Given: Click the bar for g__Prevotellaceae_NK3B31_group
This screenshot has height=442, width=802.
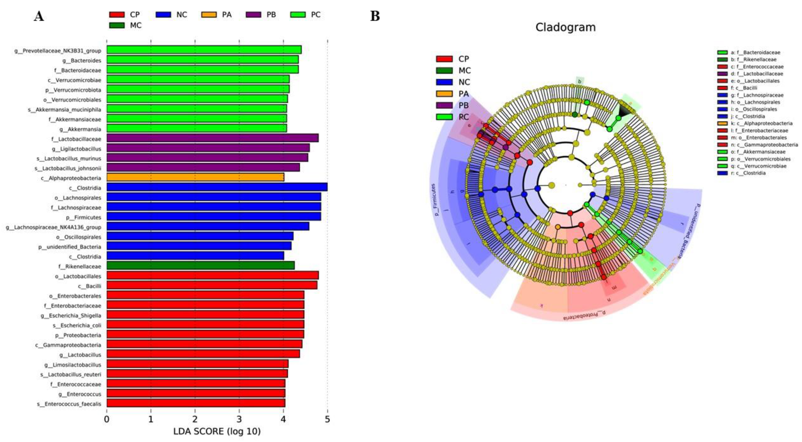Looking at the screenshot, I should [204, 50].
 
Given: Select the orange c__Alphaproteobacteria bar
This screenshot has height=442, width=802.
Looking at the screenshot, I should [195, 177].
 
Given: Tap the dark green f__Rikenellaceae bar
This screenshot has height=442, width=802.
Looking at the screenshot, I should [201, 266].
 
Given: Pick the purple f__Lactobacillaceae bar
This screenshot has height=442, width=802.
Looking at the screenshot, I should [212, 138].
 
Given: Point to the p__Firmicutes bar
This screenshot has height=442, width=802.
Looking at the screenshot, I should [214, 217].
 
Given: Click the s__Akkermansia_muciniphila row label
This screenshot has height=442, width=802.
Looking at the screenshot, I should [64, 109].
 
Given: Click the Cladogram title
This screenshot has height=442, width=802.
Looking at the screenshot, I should [565, 27].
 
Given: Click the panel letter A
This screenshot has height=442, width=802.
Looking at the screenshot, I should [39, 16].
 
